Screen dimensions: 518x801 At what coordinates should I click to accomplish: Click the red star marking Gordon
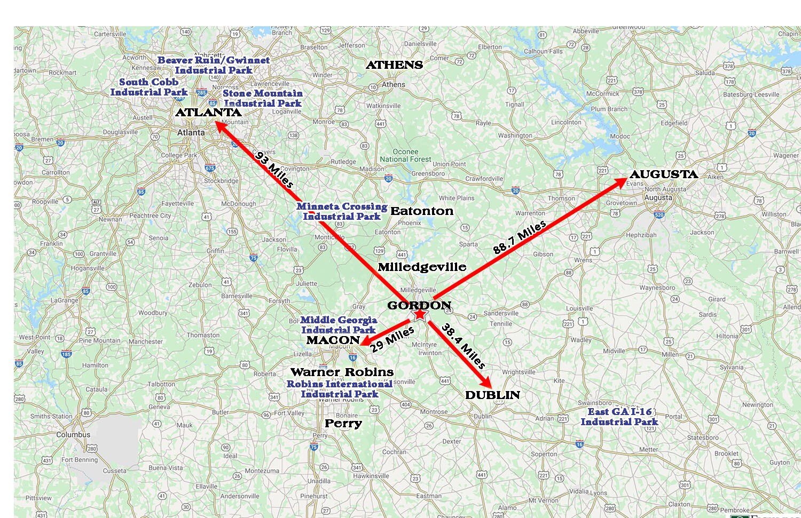pyautogui.click(x=420, y=314)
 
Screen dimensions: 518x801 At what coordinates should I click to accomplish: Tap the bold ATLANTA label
pyautogui.click(x=208, y=113)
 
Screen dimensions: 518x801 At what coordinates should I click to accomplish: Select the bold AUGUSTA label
pyautogui.click(x=663, y=174)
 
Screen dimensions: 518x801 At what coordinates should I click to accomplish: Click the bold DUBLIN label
pyautogui.click(x=492, y=395)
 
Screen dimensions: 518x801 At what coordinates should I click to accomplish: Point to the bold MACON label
pyautogui.click(x=333, y=340)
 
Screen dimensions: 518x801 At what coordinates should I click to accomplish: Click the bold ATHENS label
pyautogui.click(x=394, y=65)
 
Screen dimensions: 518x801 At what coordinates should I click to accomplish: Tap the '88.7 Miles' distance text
pyautogui.click(x=520, y=237)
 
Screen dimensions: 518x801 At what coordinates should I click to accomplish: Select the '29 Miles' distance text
pyautogui.click(x=392, y=339)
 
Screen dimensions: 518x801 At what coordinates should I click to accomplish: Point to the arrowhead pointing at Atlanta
pyautogui.click(x=219, y=126)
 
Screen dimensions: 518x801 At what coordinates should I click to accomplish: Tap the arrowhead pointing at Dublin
pyautogui.click(x=486, y=384)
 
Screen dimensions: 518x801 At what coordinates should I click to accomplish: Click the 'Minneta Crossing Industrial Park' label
pyautogui.click(x=342, y=211)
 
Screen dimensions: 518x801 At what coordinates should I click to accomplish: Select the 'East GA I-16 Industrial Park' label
pyautogui.click(x=619, y=417)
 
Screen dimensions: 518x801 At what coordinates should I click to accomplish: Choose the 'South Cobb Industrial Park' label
pyautogui.click(x=149, y=87)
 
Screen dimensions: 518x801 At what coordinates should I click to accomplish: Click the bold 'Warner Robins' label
pyautogui.click(x=342, y=372)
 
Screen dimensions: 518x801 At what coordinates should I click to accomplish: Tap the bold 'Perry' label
pyautogui.click(x=343, y=424)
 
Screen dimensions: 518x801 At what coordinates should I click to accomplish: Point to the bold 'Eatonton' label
pyautogui.click(x=422, y=211)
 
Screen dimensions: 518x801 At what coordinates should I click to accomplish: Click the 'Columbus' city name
pyautogui.click(x=73, y=435)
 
